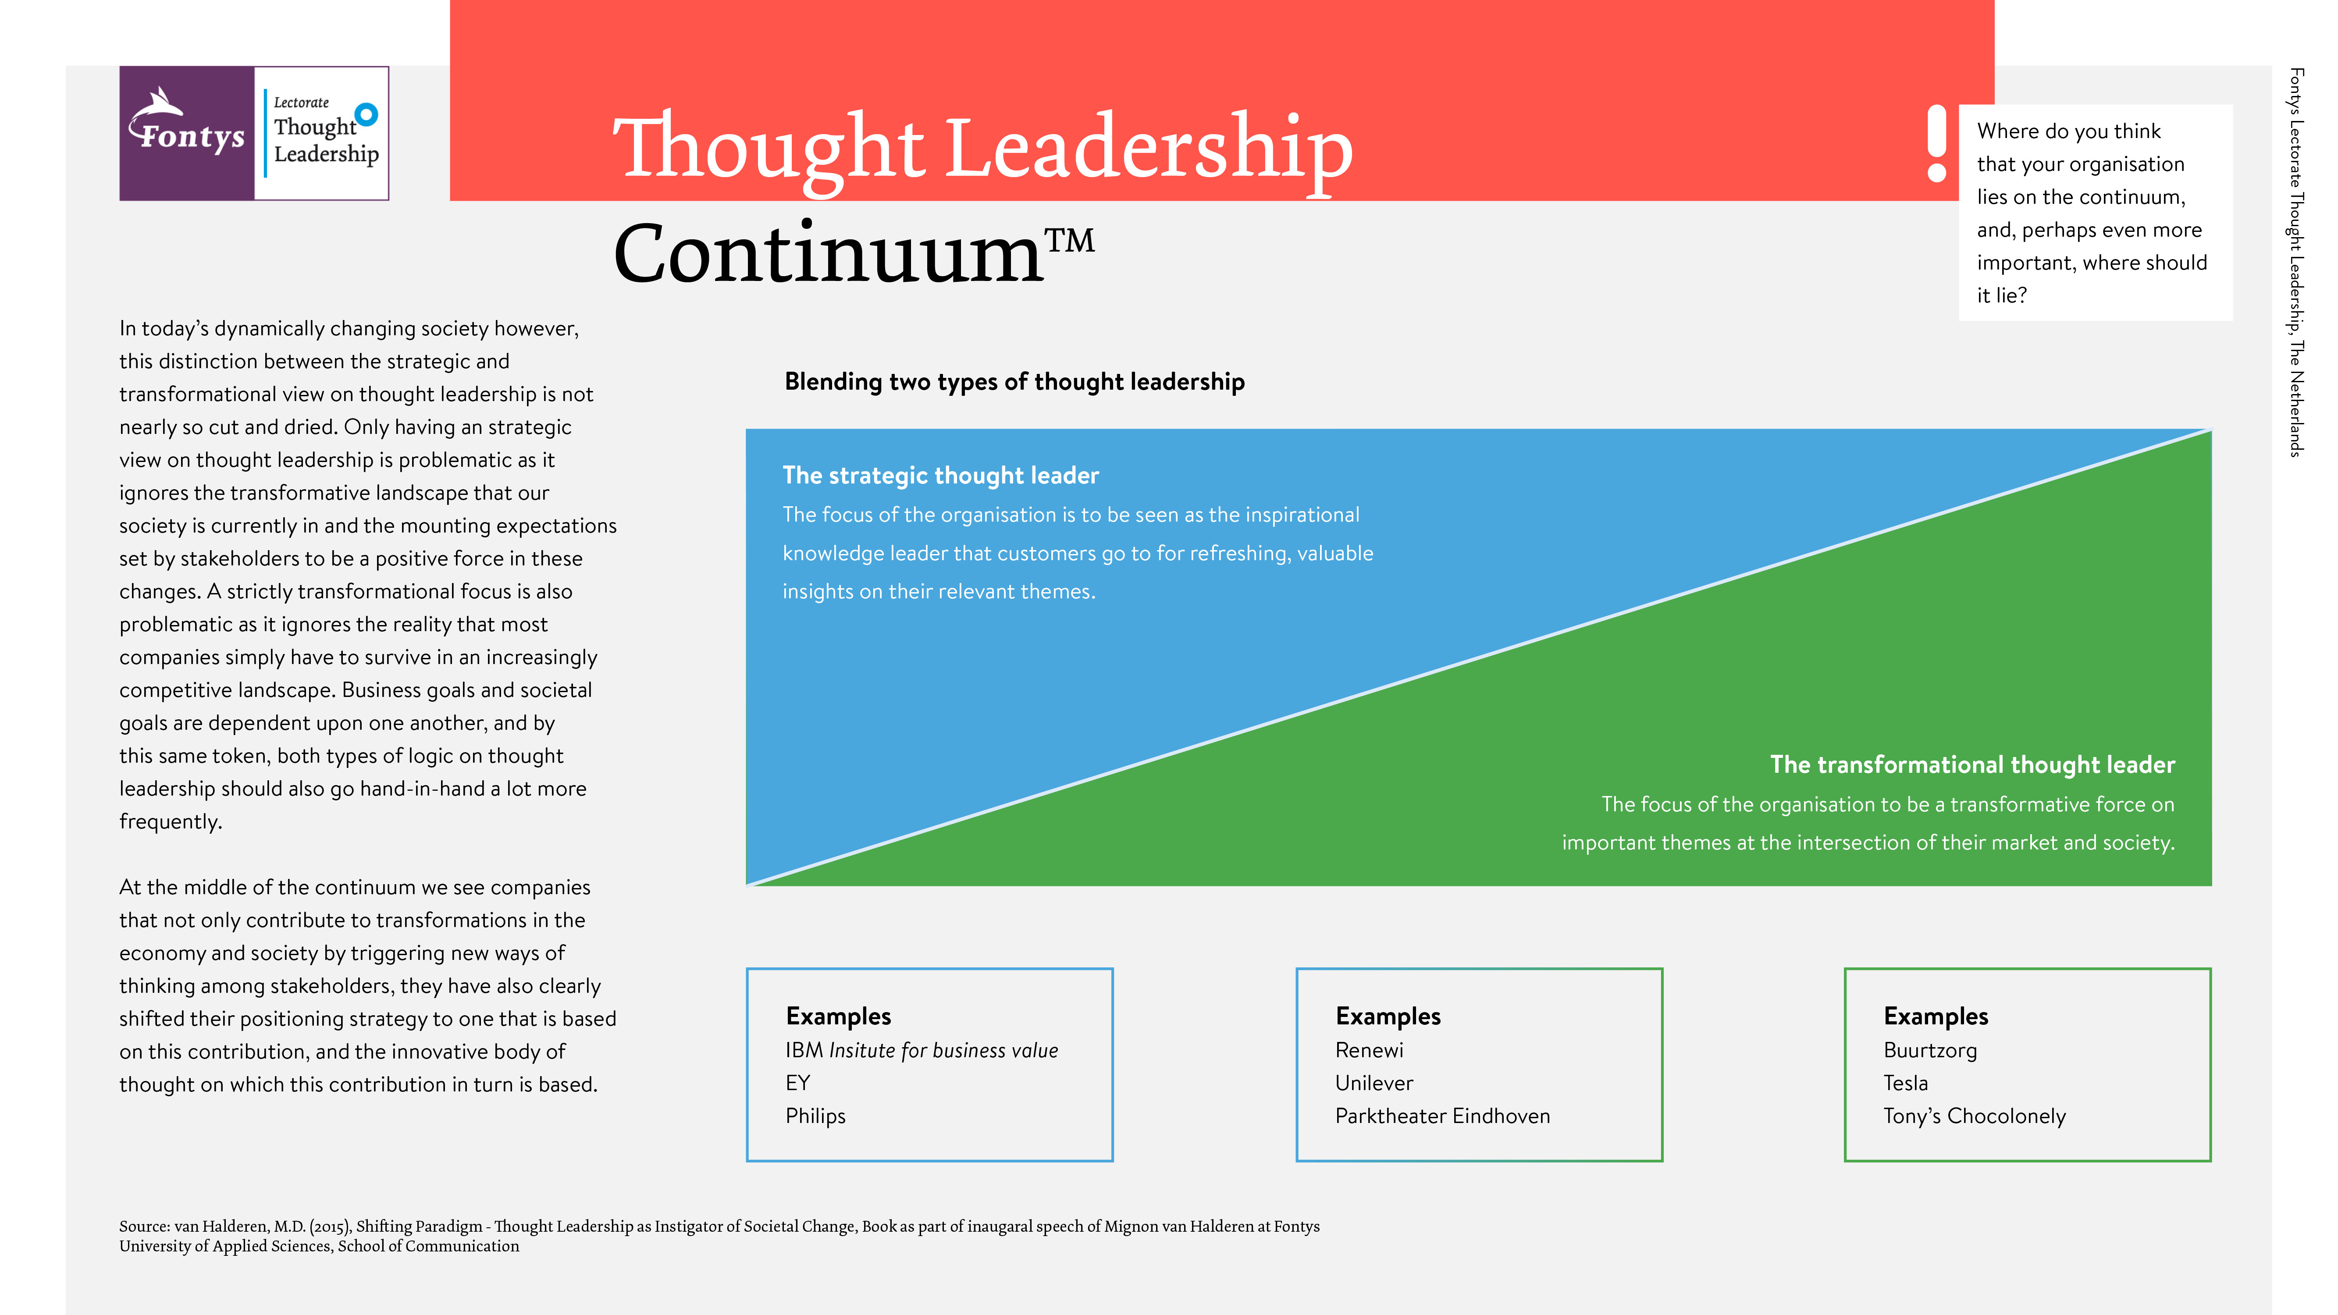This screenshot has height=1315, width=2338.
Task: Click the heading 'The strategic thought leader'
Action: click(x=940, y=476)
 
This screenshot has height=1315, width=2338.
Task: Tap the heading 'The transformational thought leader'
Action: click(x=1972, y=765)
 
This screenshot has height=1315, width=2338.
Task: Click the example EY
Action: click(x=798, y=1083)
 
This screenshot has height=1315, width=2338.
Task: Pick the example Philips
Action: click(x=815, y=1116)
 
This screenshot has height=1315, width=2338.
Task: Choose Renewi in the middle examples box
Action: click(x=1369, y=1050)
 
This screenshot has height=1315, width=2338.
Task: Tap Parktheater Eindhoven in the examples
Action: click(x=1442, y=1116)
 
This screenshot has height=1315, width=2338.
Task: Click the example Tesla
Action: click(x=1905, y=1083)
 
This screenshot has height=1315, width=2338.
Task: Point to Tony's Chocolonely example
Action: click(x=1974, y=1116)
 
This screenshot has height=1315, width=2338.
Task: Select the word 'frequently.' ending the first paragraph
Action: click(x=171, y=822)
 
